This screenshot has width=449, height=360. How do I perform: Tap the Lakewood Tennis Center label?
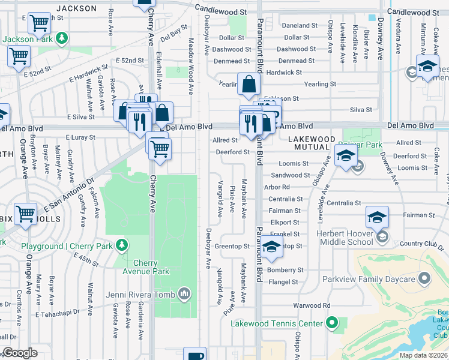(277, 324)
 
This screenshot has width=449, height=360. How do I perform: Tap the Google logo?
(20, 353)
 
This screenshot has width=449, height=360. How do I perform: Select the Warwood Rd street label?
(312, 305)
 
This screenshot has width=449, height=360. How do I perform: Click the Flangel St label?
(283, 281)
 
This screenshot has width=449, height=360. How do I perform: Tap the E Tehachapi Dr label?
(61, 314)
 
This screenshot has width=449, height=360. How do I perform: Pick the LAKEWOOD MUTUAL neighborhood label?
(310, 143)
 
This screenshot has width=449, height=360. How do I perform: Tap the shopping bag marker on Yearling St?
(249, 84)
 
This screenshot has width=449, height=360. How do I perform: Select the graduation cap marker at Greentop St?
(272, 247)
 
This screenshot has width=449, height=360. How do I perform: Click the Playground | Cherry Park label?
(68, 246)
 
